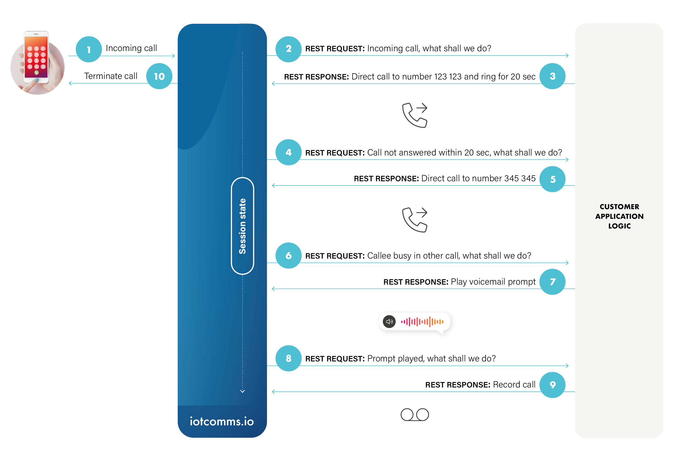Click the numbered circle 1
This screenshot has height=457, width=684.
(x=89, y=49)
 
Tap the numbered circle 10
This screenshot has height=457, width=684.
(x=159, y=76)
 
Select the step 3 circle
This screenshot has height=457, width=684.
(x=552, y=76)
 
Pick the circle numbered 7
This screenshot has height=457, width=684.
(x=552, y=282)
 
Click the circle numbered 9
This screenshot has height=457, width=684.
(x=552, y=385)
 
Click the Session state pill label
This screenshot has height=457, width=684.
(x=242, y=226)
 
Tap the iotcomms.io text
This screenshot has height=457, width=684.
(x=222, y=422)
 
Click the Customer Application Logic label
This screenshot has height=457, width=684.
(x=619, y=216)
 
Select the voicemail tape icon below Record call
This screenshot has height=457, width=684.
(x=414, y=415)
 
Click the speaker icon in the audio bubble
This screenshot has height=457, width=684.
(x=389, y=322)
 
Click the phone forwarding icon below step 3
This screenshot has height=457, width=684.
(x=415, y=115)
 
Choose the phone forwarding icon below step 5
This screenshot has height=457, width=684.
(x=415, y=220)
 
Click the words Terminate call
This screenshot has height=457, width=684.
(x=111, y=76)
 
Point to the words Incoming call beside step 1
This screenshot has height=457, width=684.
(x=131, y=48)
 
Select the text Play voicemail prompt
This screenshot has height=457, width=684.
(x=493, y=282)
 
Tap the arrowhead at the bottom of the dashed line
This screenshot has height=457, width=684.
(x=242, y=391)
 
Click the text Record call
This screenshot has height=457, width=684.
(x=514, y=385)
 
